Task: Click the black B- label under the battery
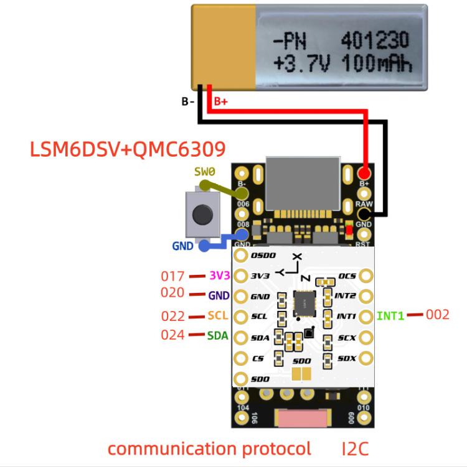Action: (188, 101)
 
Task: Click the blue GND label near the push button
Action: (182, 246)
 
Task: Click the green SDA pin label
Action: (218, 336)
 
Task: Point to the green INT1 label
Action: (390, 316)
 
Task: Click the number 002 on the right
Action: (437, 315)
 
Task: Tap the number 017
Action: (172, 275)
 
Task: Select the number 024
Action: (172, 335)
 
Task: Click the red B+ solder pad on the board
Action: (364, 173)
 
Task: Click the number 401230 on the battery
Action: (375, 42)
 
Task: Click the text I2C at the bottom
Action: (355, 448)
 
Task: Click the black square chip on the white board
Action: (304, 302)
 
